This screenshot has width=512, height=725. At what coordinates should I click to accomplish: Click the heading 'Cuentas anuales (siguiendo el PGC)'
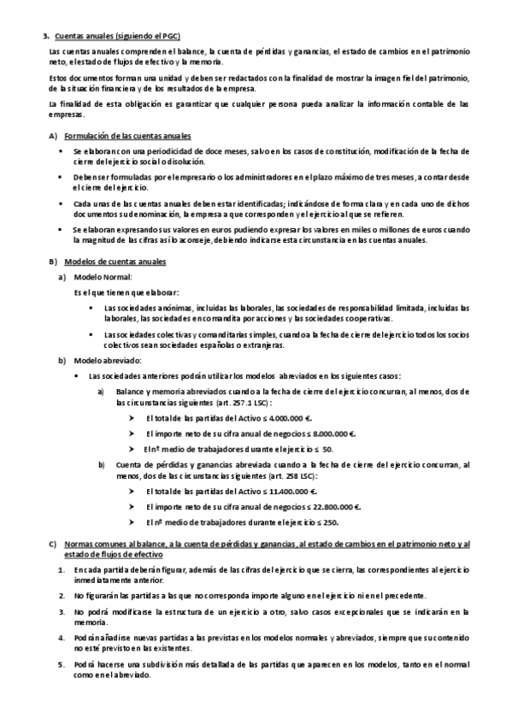pyautogui.click(x=117, y=36)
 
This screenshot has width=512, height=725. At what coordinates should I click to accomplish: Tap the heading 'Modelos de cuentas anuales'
pyautogui.click(x=115, y=260)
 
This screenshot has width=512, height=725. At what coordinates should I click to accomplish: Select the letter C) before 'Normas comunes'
pyautogui.click(x=52, y=544)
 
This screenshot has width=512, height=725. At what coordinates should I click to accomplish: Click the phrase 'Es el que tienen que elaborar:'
pyautogui.click(x=120, y=292)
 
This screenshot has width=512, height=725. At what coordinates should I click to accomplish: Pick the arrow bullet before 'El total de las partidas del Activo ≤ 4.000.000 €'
pyautogui.click(x=132, y=419)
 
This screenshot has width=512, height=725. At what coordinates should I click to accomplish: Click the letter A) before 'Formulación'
pyautogui.click(x=52, y=137)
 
